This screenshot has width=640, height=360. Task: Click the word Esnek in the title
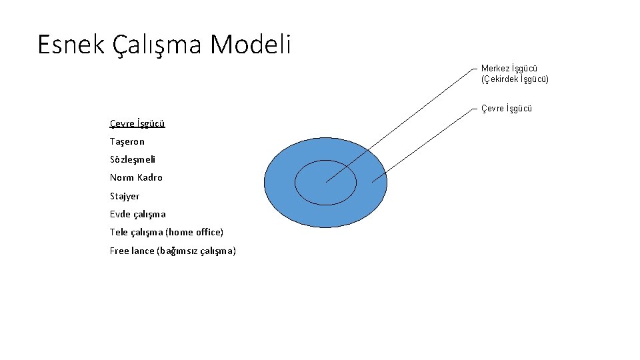[x=70, y=45]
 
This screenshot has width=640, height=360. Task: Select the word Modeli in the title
[x=251, y=45]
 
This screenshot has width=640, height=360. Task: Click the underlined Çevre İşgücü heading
[x=137, y=123]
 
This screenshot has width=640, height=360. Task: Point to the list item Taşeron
[x=127, y=141]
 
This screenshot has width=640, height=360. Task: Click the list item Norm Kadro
[x=136, y=177]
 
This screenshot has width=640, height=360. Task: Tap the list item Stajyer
[x=125, y=196]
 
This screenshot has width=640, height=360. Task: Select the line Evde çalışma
[x=137, y=214]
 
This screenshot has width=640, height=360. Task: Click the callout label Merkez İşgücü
[x=509, y=69]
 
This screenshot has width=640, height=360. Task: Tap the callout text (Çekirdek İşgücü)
[x=515, y=79]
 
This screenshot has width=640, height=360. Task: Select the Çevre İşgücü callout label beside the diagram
[x=507, y=108]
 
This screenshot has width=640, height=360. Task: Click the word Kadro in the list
[x=149, y=177]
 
